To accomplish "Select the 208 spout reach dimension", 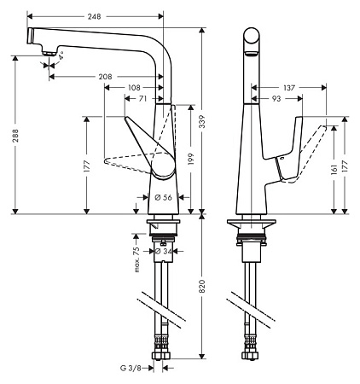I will [106, 77].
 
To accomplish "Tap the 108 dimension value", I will [134, 88].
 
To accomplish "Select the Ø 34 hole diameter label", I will [164, 251].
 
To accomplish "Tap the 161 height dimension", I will [334, 169].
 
